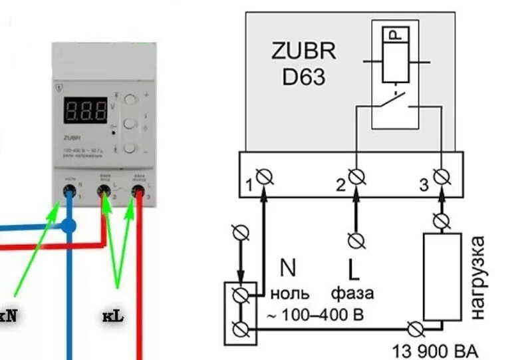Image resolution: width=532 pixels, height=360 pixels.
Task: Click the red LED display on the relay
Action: tap(85, 110)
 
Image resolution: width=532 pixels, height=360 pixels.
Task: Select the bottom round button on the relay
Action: tap(130, 148)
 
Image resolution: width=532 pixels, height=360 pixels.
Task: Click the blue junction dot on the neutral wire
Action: tap(68, 226)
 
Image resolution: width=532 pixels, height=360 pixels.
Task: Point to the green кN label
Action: tap(9, 316)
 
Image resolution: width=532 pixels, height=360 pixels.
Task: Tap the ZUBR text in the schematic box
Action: tap(303, 52)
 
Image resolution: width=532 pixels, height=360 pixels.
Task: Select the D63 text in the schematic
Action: tap(303, 77)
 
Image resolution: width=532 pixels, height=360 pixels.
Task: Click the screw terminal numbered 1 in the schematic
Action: tap(265, 177)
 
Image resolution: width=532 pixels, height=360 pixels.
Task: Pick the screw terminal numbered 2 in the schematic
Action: tap(356, 177)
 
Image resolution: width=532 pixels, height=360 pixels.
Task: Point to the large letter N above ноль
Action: tap(287, 269)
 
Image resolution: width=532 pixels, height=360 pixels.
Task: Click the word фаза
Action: tap(352, 293)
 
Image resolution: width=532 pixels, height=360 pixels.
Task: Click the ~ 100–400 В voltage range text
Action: tap(315, 315)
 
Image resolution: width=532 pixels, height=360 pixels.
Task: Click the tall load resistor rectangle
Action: tap(442, 275)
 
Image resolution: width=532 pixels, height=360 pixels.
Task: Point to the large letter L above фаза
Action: tap(354, 270)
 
